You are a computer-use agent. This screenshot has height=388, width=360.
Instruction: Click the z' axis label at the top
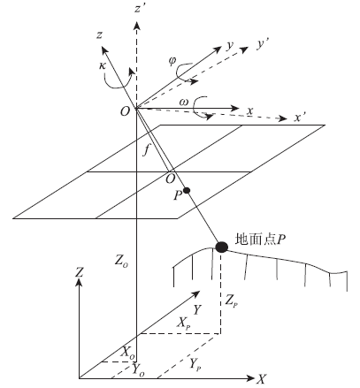pos(139,9)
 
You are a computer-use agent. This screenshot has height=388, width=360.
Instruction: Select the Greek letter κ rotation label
pos(102,65)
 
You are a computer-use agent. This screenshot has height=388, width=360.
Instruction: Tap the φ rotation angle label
pos(172,61)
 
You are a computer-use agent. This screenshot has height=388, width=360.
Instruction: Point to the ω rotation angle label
pos(183,103)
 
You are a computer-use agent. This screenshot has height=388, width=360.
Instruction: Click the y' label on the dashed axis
pos(262,44)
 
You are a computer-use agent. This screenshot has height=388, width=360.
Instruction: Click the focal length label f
pos(146,151)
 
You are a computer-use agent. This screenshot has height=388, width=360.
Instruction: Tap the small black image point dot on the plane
pos(187,191)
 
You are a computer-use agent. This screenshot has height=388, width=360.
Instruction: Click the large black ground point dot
pos(221,247)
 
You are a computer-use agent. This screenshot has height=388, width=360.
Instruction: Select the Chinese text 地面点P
pos(260,240)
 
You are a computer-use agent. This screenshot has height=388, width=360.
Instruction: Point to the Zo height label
pos(121,261)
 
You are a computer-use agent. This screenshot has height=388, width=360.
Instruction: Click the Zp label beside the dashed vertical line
pos(231,301)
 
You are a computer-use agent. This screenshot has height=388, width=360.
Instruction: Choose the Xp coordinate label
pos(183,323)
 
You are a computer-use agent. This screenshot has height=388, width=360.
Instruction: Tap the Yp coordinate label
pos(195,364)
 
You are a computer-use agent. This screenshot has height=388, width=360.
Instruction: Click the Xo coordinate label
pos(128,352)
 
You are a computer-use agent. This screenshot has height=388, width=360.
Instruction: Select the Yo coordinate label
pos(138,369)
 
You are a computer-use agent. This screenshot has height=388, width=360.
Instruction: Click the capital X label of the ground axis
pos(261,379)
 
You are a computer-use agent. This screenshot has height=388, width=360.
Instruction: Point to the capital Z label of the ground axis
pos(79,272)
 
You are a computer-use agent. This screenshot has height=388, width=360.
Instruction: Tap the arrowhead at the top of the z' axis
pos(136,26)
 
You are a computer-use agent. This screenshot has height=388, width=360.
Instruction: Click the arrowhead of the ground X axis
pos(250,378)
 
